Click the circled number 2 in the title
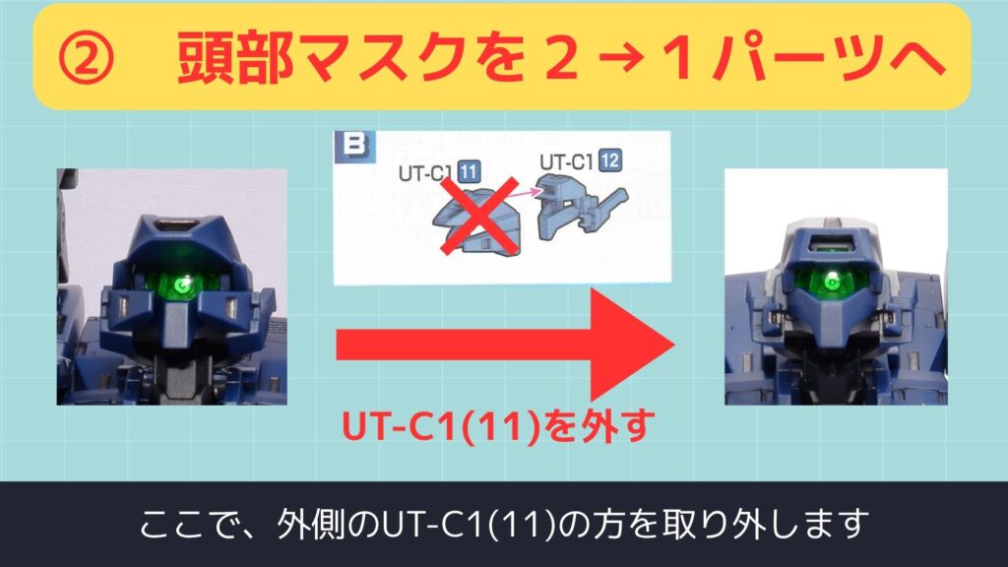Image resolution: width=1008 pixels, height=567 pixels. coord(86,60)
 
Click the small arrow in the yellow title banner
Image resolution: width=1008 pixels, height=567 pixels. coord(622,60)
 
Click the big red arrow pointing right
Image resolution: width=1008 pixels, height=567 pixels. coord(505,345)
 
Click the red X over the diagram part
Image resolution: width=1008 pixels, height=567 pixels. coord(479,216)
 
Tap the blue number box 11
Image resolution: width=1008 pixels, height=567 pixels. coord(468,171)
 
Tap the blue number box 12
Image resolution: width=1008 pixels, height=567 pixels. coord(609,160)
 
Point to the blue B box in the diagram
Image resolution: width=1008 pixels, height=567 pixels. coord(354,146)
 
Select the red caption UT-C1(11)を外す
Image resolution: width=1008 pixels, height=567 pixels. coord(497,425)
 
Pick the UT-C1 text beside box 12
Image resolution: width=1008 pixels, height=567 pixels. coord(566,162)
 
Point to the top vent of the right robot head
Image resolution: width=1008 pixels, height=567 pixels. coord(831,245)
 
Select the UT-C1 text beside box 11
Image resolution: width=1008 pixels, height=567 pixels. coord(426,173)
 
